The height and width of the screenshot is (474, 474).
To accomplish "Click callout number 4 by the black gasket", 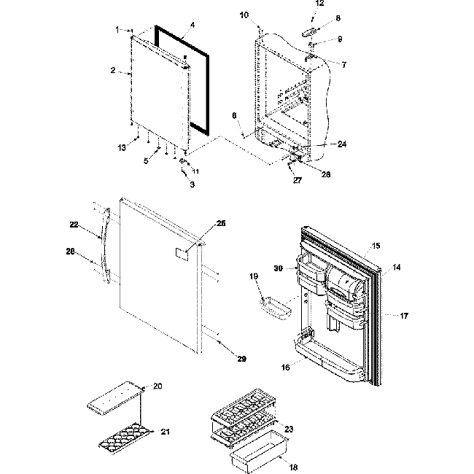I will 192,25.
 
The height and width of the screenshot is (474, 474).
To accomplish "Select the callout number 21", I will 165,432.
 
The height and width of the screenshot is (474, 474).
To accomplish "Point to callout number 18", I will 293,467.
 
